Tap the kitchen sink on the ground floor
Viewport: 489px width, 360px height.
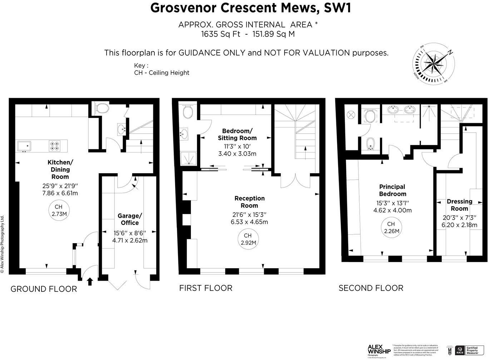[x=24, y=146]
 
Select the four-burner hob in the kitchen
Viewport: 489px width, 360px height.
[x=55, y=146]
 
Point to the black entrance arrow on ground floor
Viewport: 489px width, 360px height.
[x=90, y=281]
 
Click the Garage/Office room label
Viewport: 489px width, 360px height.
[x=130, y=219]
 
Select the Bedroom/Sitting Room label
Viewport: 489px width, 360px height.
[x=237, y=134]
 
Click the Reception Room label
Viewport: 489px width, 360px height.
[x=250, y=202]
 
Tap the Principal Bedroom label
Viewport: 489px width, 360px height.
[x=392, y=190]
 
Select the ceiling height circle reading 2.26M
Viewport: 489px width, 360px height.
[x=391, y=227]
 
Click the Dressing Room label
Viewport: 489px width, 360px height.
[x=459, y=205]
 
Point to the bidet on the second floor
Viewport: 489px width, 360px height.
[x=370, y=145]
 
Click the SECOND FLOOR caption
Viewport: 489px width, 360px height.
[x=371, y=288]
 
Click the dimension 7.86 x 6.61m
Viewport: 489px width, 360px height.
[x=60, y=193]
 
